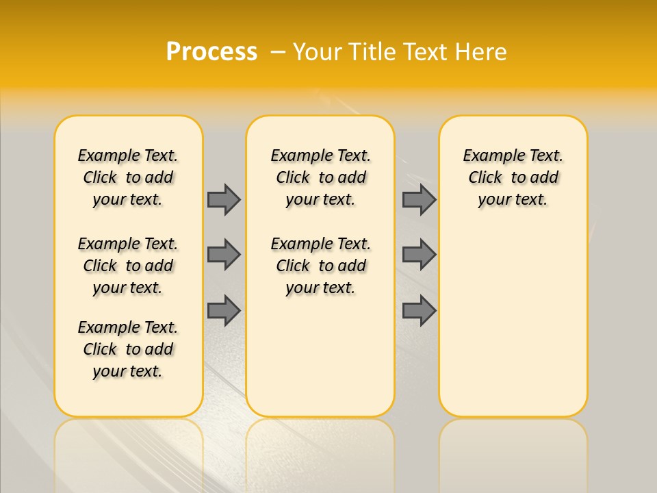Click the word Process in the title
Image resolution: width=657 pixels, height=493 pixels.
pyautogui.click(x=211, y=51)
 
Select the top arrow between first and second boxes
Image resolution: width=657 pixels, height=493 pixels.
pyautogui.click(x=224, y=199)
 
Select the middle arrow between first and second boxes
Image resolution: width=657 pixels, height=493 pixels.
pyautogui.click(x=224, y=255)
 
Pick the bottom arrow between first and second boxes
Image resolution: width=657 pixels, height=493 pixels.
pyautogui.click(x=224, y=310)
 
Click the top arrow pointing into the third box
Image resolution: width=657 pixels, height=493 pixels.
pyautogui.click(x=419, y=199)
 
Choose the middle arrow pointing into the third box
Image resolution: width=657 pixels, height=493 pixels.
pyautogui.click(x=419, y=255)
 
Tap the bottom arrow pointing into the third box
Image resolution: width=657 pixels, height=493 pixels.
pyautogui.click(x=419, y=310)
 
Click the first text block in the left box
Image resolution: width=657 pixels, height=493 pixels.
pyautogui.click(x=128, y=177)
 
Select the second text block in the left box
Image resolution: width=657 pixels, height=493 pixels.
pyautogui.click(x=128, y=266)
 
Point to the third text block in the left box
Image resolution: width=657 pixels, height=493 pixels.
pyautogui.click(x=128, y=349)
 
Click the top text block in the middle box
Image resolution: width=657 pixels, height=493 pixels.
pyautogui.click(x=320, y=177)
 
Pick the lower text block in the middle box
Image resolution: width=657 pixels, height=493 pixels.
pyautogui.click(x=320, y=266)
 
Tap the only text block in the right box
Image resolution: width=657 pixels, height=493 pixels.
pyautogui.click(x=513, y=177)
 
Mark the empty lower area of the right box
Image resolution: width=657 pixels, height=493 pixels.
pyautogui.click(x=513, y=322)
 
